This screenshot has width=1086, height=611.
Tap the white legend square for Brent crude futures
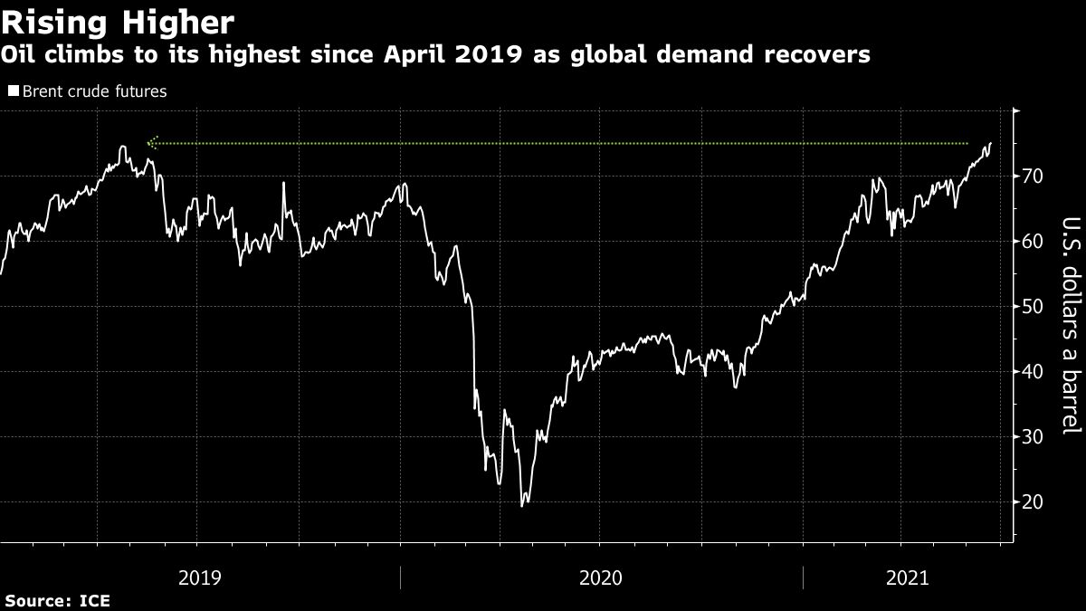[13, 91]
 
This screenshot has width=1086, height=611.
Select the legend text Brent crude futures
[93, 91]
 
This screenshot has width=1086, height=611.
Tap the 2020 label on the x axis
[600, 577]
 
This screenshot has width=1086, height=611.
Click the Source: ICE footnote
[58, 601]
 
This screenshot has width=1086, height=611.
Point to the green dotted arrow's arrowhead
[151, 142]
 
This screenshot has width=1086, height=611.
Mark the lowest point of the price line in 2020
[522, 505]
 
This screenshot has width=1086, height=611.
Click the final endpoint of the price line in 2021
[991, 143]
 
